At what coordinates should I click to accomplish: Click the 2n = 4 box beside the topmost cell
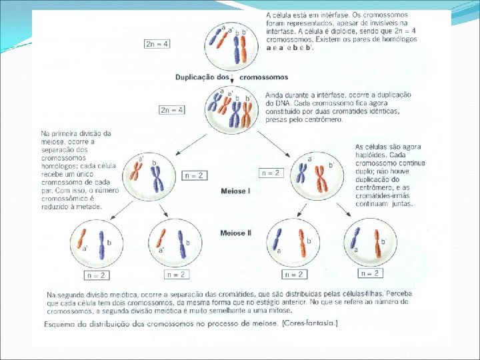[x=157, y=44]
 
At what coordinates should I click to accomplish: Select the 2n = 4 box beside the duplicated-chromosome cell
[x=172, y=109]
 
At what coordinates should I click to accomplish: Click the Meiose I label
[x=235, y=191]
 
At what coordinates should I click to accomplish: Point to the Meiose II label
[x=235, y=233]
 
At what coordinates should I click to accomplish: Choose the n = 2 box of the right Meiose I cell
[x=271, y=173]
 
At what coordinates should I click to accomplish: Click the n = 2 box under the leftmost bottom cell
[x=99, y=275]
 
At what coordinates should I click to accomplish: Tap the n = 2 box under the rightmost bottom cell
[x=369, y=273]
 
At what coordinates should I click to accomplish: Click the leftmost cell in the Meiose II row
[x=98, y=243]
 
